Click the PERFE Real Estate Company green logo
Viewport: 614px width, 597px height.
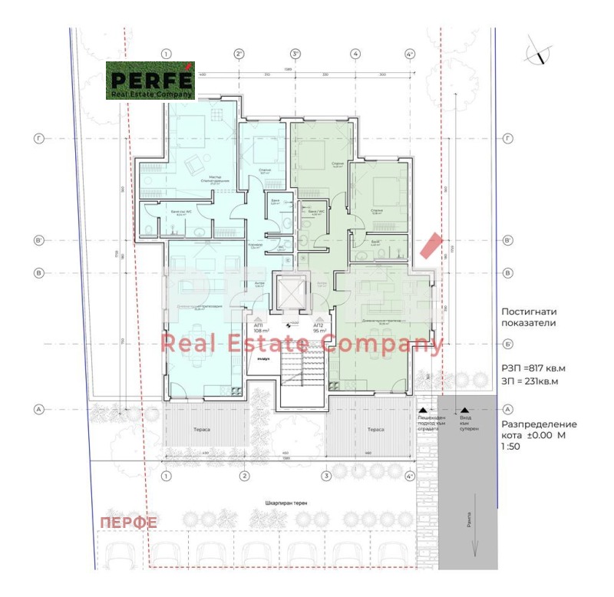point(150,81)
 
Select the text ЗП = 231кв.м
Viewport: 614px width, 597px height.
point(529,381)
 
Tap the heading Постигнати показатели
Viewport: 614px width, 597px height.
point(528,318)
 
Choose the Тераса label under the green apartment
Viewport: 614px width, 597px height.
point(375,430)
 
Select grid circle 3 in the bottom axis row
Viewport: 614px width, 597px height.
point(326,477)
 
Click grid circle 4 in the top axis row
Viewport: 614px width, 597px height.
point(355,54)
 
